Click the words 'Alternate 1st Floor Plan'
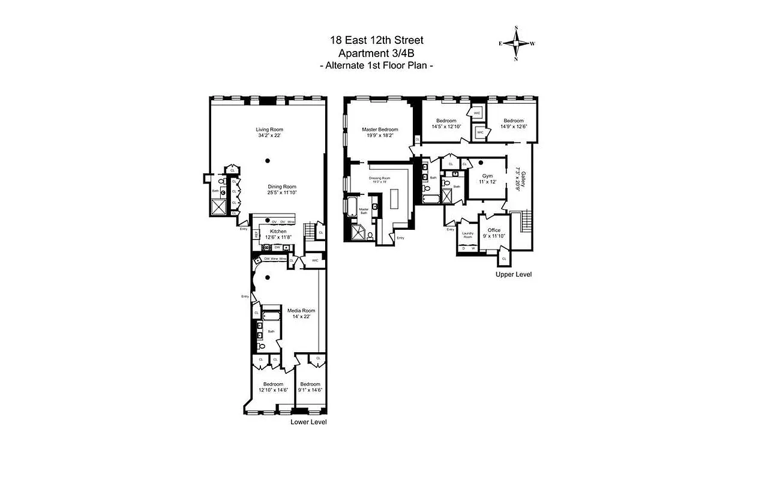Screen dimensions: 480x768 coord(376,66)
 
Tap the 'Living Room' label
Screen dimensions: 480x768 coord(269,129)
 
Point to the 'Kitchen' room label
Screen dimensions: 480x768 coord(278,231)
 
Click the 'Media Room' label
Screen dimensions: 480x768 coord(301,310)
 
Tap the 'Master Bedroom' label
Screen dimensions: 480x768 coord(379,130)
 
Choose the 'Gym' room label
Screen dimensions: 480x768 coord(487,176)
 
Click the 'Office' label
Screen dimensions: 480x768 coord(494,230)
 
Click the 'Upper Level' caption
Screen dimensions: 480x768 coord(513,274)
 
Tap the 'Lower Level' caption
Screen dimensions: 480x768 coord(308,422)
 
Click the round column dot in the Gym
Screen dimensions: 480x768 coord(481,162)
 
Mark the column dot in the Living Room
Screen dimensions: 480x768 coord(268,160)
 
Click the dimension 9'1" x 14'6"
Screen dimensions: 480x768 coord(310,390)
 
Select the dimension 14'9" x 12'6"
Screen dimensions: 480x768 coord(513,127)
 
